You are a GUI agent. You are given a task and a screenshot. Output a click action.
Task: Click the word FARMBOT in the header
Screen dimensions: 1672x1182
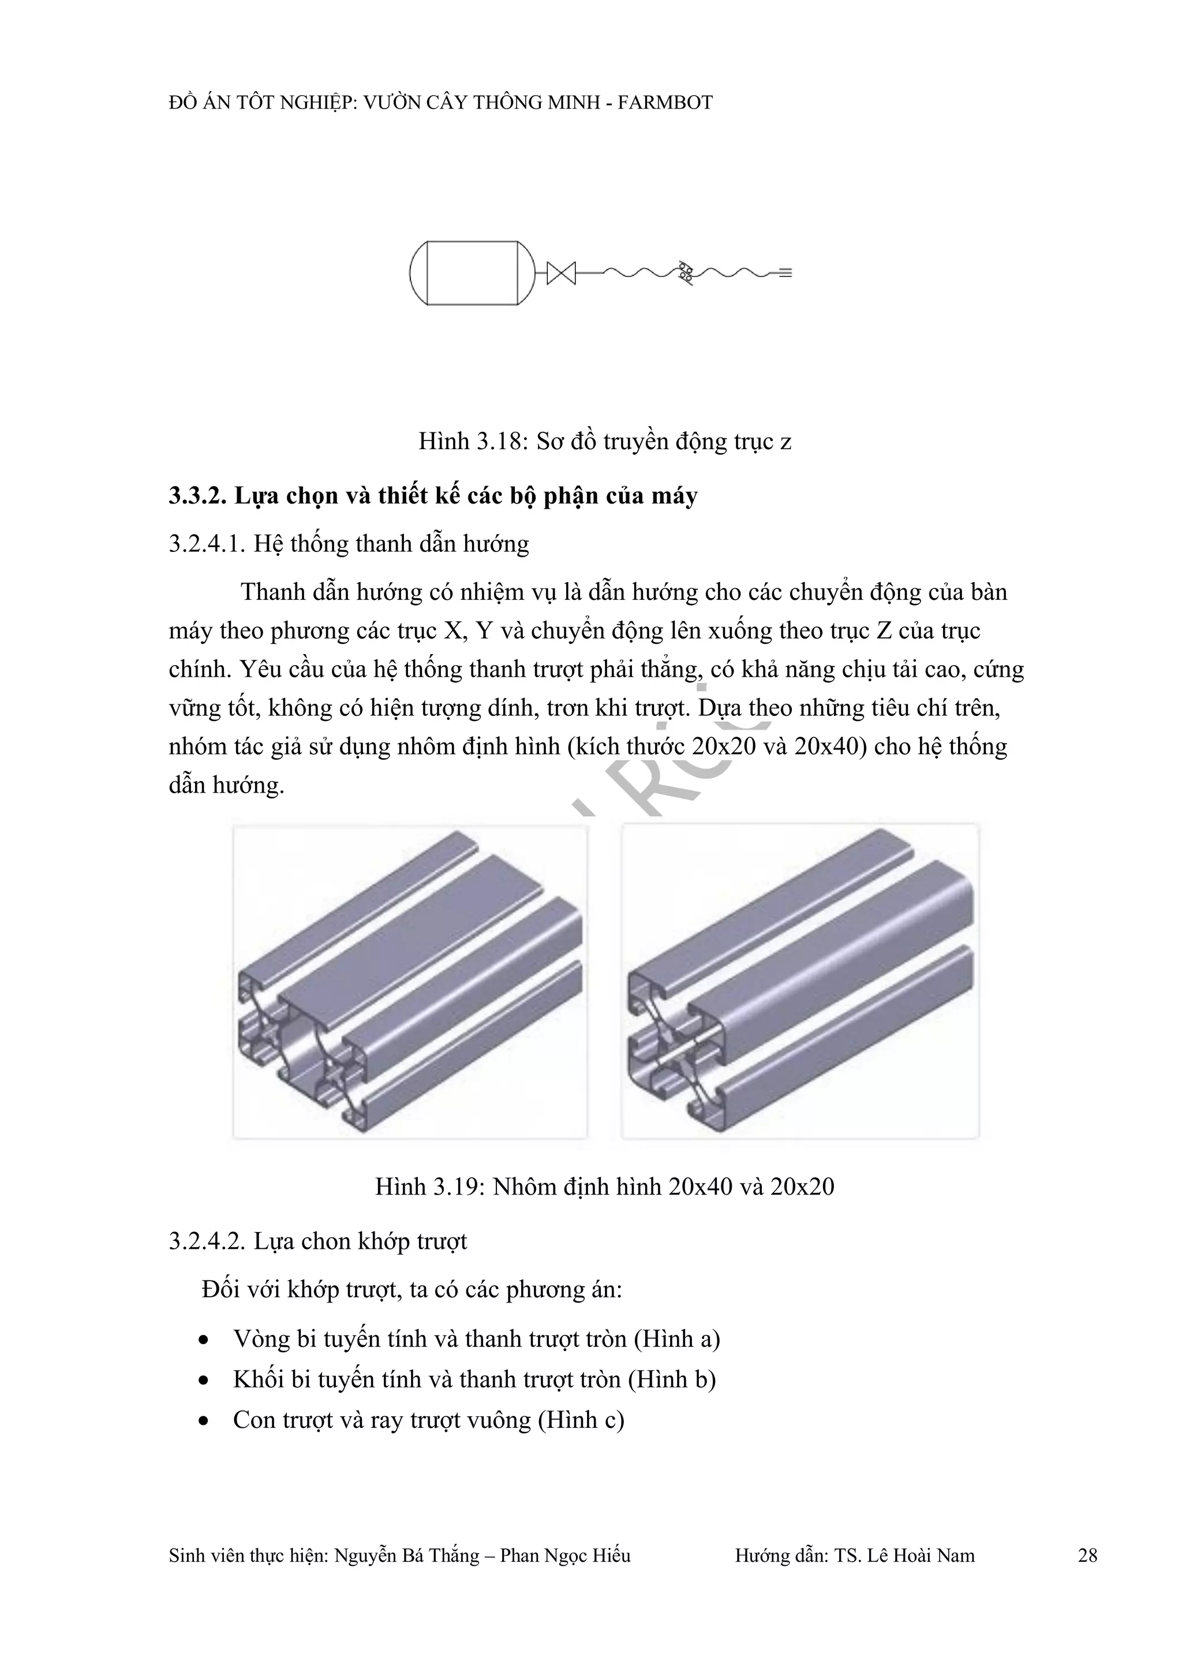point(664,103)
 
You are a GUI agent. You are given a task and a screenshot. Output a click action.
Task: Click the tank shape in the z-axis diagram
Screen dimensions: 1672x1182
point(472,273)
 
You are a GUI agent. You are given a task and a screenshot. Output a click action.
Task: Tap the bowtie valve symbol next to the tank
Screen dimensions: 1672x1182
point(561,273)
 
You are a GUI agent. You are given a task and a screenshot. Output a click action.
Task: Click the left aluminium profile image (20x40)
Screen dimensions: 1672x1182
point(410,981)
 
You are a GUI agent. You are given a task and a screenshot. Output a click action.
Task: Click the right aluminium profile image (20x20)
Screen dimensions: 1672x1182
point(800,981)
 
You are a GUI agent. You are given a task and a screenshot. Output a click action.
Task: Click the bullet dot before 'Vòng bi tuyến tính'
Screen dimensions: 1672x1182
point(204,1340)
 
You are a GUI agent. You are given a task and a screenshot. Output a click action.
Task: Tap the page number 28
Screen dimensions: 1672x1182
point(1087,1556)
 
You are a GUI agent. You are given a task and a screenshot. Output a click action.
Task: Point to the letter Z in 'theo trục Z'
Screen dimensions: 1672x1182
point(884,630)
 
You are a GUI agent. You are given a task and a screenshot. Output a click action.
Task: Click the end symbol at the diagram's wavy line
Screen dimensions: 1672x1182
point(784,273)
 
